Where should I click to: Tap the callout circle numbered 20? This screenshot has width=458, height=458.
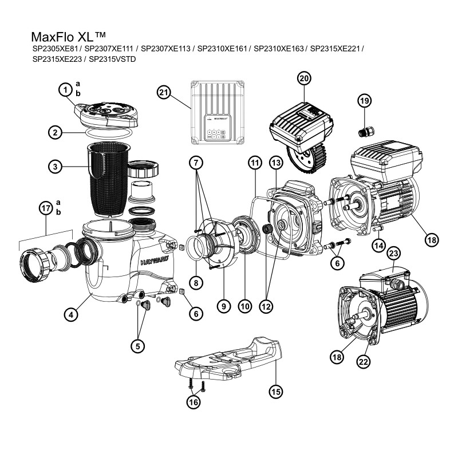click(304, 78)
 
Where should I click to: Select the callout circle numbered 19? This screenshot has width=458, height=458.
click(365, 101)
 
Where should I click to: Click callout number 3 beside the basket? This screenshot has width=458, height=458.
click(55, 167)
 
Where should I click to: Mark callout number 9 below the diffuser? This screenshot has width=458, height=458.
click(224, 306)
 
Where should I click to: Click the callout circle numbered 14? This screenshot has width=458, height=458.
click(377, 245)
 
